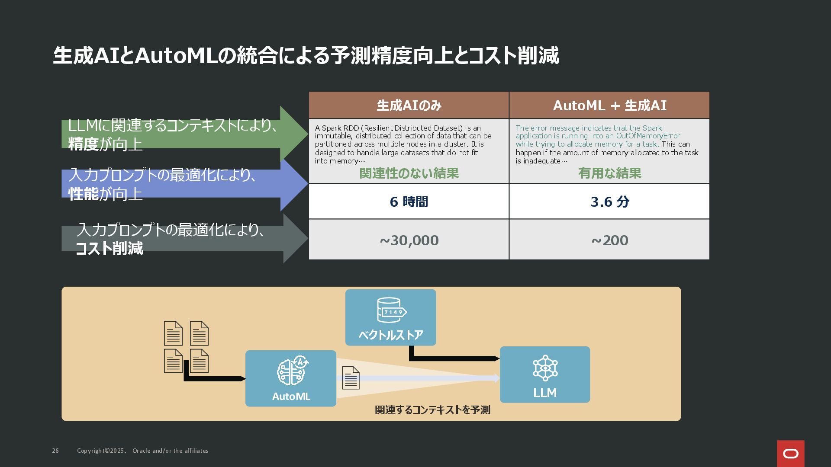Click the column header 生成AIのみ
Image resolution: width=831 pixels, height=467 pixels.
point(409,106)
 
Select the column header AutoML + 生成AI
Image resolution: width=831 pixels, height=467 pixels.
point(609,106)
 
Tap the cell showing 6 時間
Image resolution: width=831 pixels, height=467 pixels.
point(409,202)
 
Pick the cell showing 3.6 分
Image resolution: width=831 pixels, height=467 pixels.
point(609,202)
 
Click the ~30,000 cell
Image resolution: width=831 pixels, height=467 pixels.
point(409,240)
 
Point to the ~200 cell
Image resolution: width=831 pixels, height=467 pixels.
point(609,240)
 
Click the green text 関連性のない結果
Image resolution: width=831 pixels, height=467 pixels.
point(409,173)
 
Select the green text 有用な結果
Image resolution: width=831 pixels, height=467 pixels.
point(609,173)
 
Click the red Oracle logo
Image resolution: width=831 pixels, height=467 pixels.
point(790,454)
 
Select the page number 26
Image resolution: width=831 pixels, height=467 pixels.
point(55,451)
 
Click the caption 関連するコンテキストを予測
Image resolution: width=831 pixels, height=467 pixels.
point(432,410)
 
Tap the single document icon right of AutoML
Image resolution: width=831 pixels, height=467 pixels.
point(351,378)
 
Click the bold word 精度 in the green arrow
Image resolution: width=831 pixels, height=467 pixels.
point(84,144)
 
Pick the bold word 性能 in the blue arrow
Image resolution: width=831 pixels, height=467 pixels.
point(84,194)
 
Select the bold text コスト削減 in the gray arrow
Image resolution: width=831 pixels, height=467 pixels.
point(109,249)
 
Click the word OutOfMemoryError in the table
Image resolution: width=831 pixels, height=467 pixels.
point(648,136)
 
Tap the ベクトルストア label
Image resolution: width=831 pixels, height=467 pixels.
point(391,335)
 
